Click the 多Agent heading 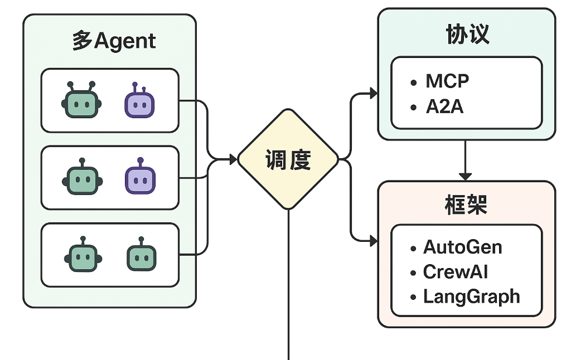pyautogui.click(x=114, y=42)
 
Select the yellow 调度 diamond pyautogui.click(x=288, y=160)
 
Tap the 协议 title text pyautogui.click(x=467, y=35)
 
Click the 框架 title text pyautogui.click(x=466, y=205)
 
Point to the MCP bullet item pyautogui.click(x=447, y=81)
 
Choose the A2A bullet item pyautogui.click(x=444, y=107)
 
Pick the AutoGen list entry pyautogui.click(x=462, y=247)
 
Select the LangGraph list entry pyautogui.click(x=471, y=296)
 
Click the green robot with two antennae pyautogui.click(x=81, y=102)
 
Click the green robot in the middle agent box pyautogui.click(x=83, y=178)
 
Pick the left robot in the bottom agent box pyautogui.click(x=83, y=256)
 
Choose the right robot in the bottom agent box pyautogui.click(x=141, y=256)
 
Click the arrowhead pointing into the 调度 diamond pyautogui.click(x=233, y=160)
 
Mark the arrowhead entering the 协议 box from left pyautogui.click(x=372, y=93)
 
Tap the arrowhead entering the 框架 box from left pyautogui.click(x=372, y=241)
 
